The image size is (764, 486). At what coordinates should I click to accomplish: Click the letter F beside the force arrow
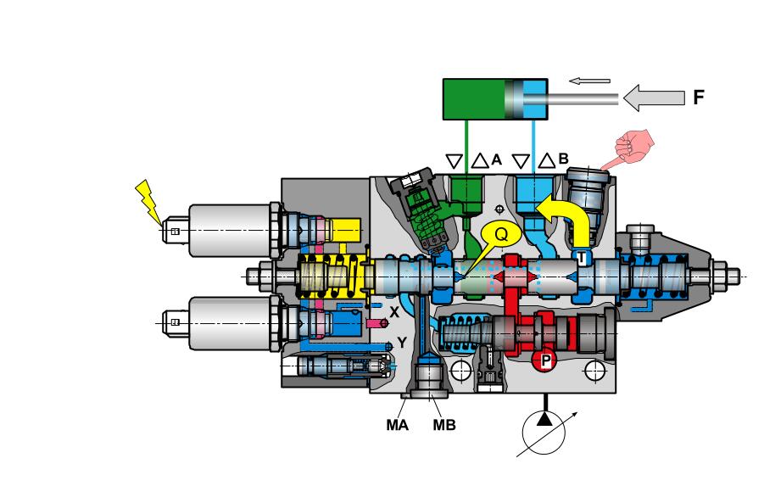coord(698,98)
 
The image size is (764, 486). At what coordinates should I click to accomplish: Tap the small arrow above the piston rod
coord(588,81)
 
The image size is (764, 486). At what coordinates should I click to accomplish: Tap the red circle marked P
coord(545,360)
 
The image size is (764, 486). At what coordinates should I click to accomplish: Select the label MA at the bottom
coord(396,425)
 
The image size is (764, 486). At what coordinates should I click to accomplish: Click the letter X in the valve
coord(393,312)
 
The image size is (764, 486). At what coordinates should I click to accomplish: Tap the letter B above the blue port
coord(563,158)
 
